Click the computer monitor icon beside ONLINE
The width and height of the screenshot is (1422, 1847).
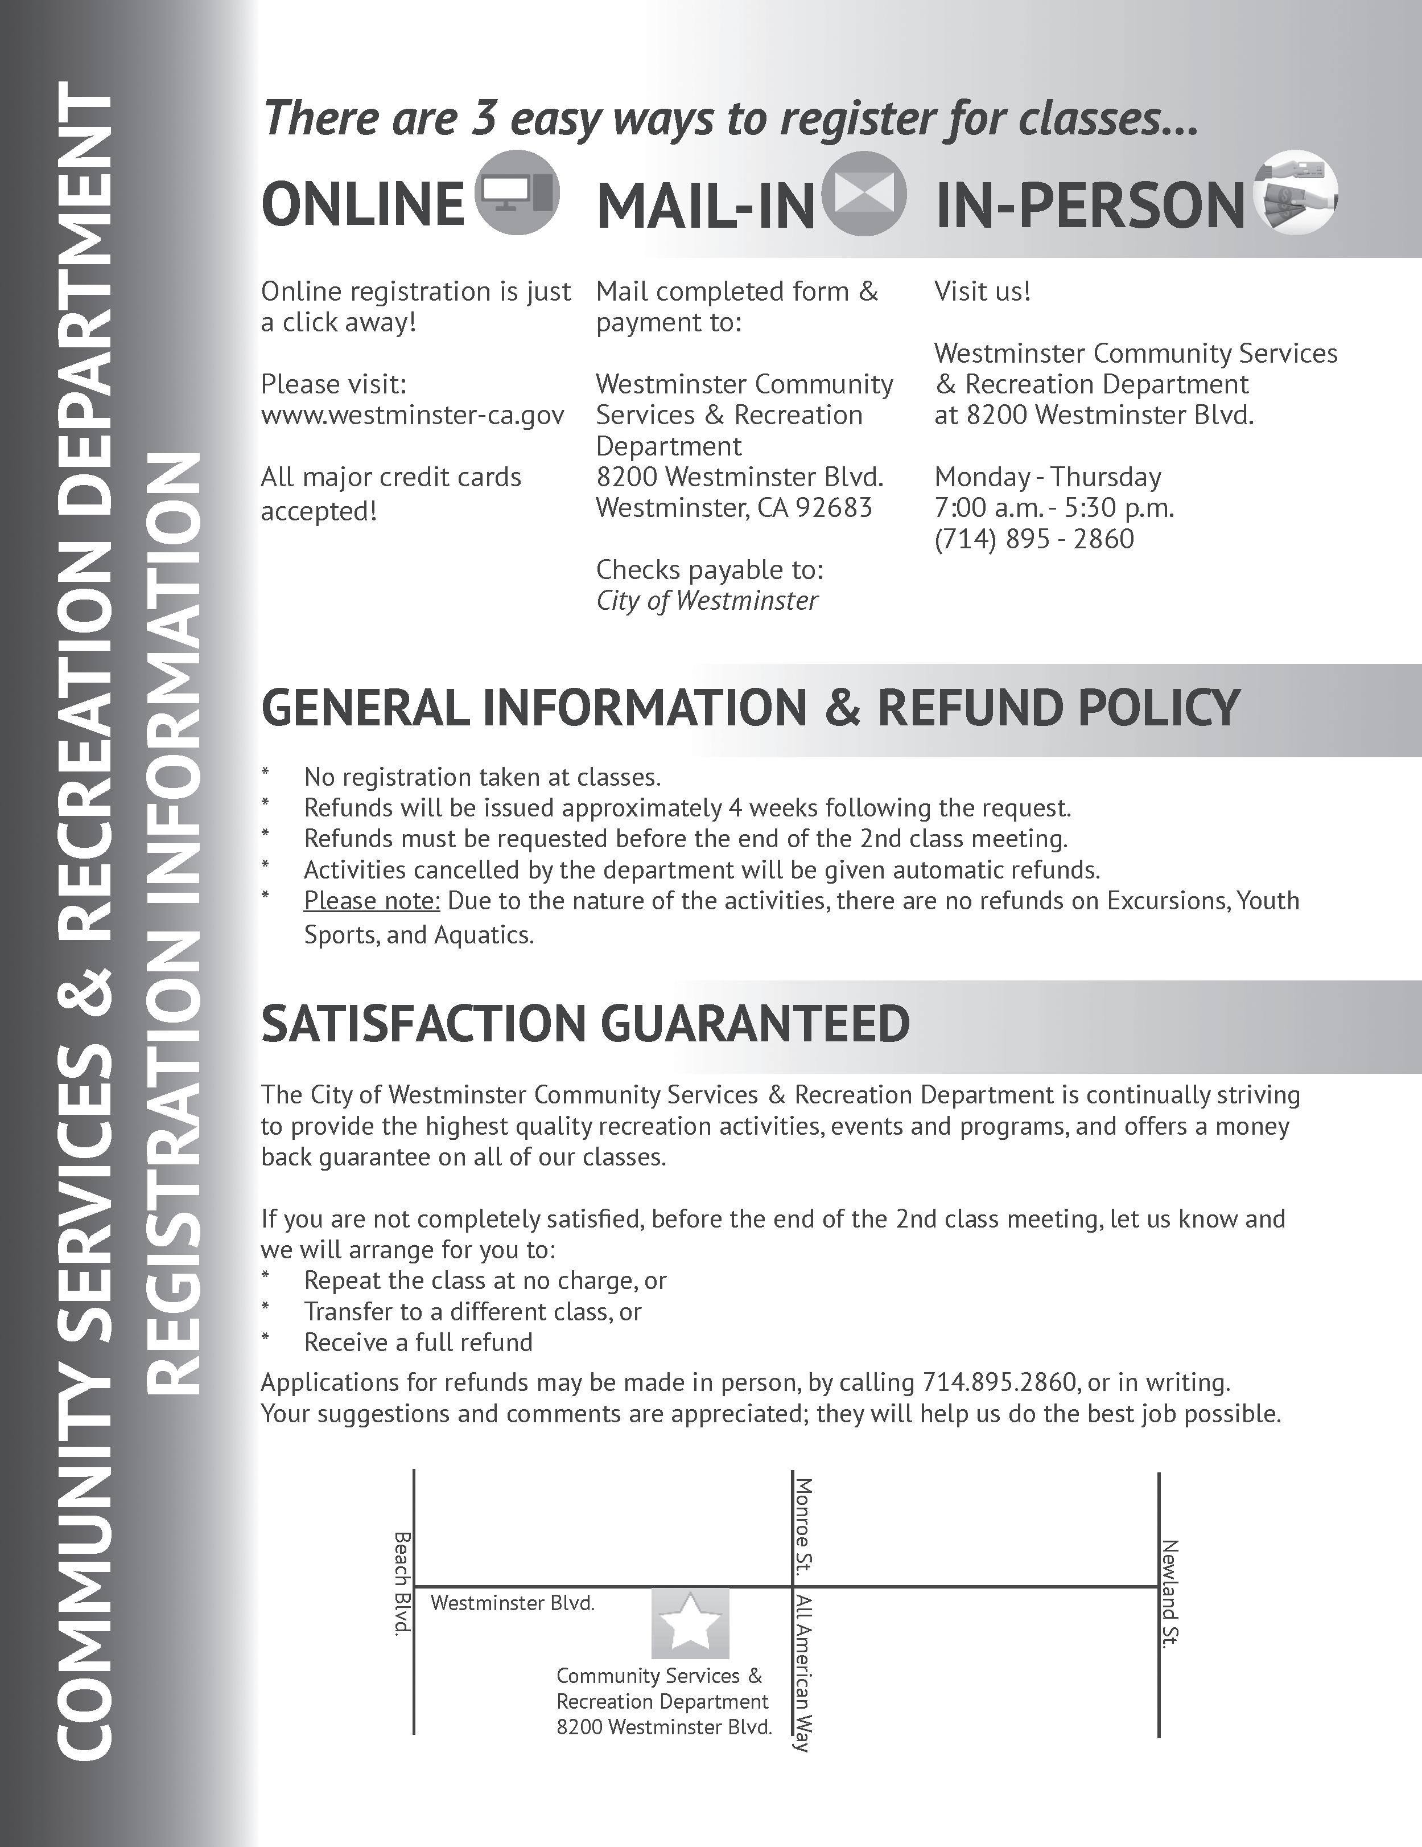(x=517, y=194)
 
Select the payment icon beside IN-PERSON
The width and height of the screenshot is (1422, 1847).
(x=1295, y=196)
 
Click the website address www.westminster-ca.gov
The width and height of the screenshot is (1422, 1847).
(x=413, y=415)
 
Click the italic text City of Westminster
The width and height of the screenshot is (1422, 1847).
(x=707, y=601)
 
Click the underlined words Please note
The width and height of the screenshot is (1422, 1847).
(x=372, y=901)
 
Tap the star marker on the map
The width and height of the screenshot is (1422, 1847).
(x=690, y=1623)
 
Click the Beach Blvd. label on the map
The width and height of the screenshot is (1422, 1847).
(x=402, y=1583)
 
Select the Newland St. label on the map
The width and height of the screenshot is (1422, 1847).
(x=1170, y=1593)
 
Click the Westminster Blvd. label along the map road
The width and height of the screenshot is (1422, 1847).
(x=512, y=1603)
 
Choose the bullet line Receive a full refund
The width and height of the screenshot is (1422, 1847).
(x=418, y=1342)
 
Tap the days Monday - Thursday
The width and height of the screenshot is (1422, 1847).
(x=1048, y=477)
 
